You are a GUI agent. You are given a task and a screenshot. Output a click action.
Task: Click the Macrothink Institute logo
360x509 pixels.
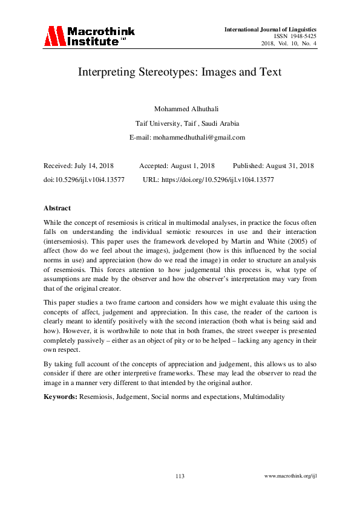coord(88,36)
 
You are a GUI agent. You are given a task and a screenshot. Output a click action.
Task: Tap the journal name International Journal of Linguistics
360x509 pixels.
coord(270,29)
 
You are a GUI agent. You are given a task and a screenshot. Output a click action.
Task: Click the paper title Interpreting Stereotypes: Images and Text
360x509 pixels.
coord(180,72)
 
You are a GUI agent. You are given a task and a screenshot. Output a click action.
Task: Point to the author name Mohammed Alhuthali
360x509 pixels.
coord(180,109)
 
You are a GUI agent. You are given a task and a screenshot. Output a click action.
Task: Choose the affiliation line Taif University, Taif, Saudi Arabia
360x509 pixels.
coord(180,123)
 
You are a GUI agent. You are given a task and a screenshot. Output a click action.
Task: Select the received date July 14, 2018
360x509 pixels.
coord(90,166)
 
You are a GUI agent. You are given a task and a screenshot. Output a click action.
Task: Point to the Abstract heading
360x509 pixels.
coord(57,208)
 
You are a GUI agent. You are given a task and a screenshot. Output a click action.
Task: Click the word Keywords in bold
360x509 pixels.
coord(60,397)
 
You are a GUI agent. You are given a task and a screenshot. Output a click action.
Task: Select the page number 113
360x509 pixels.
coord(180,476)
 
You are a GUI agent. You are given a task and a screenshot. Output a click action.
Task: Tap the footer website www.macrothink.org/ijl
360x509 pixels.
coord(291,476)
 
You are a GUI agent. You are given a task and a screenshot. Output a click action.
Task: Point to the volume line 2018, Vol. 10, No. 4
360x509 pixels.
coord(289,44)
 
